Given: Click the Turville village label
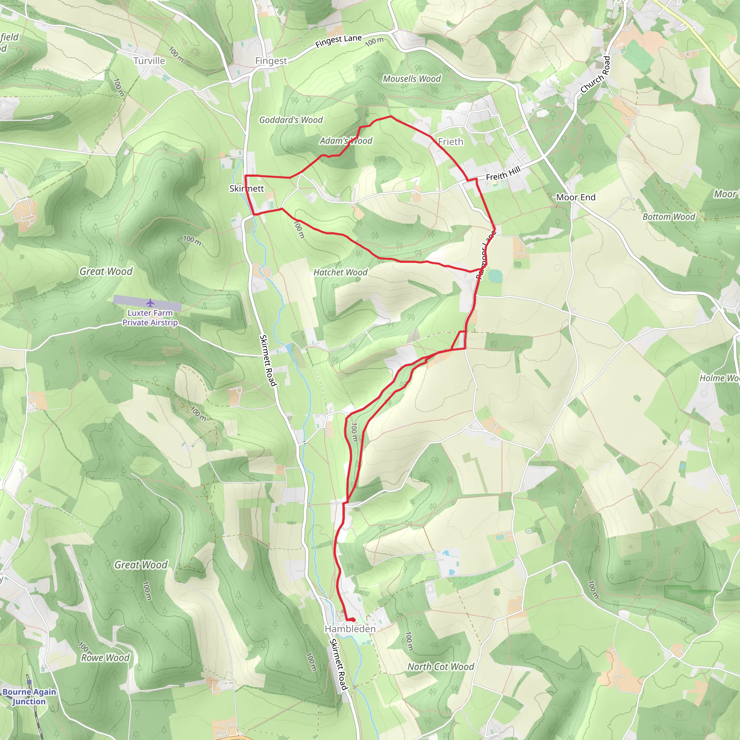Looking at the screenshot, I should pyautogui.click(x=149, y=61).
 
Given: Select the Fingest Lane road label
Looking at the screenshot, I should pyautogui.click(x=338, y=41).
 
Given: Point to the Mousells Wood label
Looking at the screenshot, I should pyautogui.click(x=412, y=79).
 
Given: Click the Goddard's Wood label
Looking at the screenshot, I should pyautogui.click(x=291, y=120).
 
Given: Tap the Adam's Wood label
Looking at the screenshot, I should pyautogui.click(x=346, y=141).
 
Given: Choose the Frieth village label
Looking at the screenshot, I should pyautogui.click(x=451, y=142).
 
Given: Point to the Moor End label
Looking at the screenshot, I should pyautogui.click(x=576, y=197).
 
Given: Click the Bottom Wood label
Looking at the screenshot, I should pyautogui.click(x=668, y=217).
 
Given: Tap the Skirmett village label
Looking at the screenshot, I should pyautogui.click(x=246, y=189).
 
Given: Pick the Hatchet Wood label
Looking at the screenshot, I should pyautogui.click(x=340, y=272).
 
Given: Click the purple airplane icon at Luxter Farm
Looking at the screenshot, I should pyautogui.click(x=150, y=303).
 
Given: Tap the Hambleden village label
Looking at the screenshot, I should pyautogui.click(x=350, y=629).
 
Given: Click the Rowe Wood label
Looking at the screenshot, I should pyautogui.click(x=106, y=658).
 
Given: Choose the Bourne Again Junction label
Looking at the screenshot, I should pyautogui.click(x=29, y=696).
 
